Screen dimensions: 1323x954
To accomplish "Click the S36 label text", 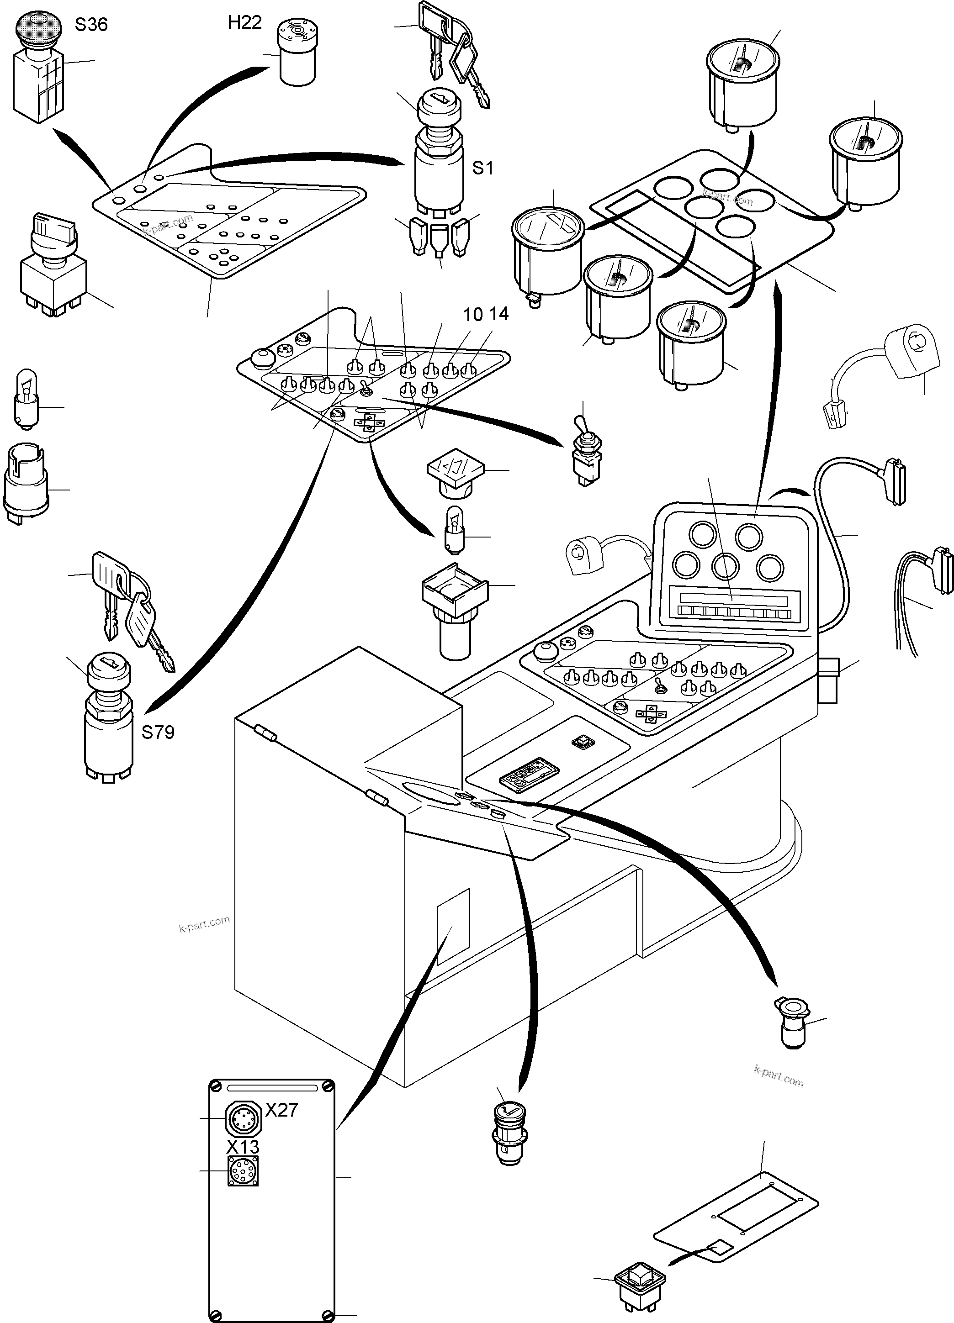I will tap(91, 25).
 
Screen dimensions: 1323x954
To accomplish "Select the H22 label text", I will tap(244, 23).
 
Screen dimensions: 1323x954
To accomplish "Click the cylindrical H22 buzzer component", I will tap(297, 51).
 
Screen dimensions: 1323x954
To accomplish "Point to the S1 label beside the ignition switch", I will tap(482, 168).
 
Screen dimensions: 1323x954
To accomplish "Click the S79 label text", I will tap(158, 732).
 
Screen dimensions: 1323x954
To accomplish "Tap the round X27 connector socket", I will tap(242, 1117).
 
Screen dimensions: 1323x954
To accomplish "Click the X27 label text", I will tap(282, 1109).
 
